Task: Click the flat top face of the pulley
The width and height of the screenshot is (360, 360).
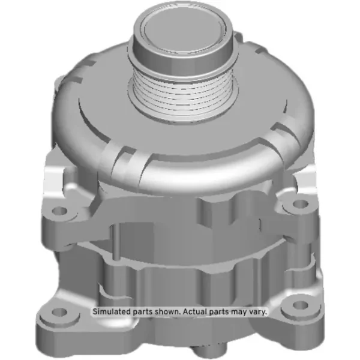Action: coord(183,29)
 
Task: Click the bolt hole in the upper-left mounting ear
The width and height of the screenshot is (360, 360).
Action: coord(59,211)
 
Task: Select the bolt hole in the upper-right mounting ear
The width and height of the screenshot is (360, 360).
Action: coord(301,203)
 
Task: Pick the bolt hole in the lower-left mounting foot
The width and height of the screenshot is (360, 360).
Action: coord(59,312)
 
